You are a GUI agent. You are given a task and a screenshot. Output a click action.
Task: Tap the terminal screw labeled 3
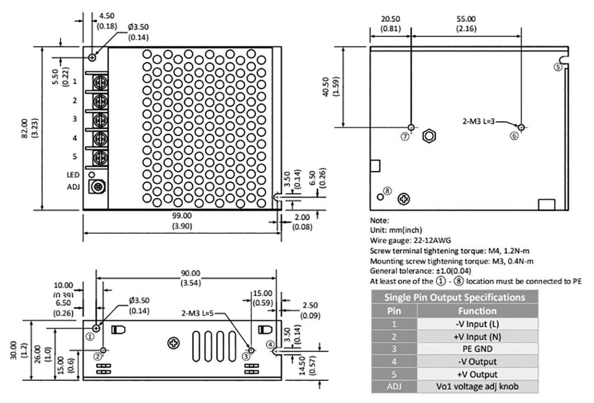pos(100,119)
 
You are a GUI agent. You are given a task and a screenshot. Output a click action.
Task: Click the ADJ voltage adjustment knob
pos(97,187)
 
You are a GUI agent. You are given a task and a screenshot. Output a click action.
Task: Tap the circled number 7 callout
pos(405,136)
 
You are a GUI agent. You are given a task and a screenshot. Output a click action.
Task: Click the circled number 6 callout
pos(514,136)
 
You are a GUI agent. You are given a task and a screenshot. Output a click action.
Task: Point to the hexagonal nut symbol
pos(428,135)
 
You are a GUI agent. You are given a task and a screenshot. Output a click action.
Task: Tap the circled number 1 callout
pos(90,335)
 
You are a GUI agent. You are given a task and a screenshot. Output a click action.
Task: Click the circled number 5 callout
pos(558,67)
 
